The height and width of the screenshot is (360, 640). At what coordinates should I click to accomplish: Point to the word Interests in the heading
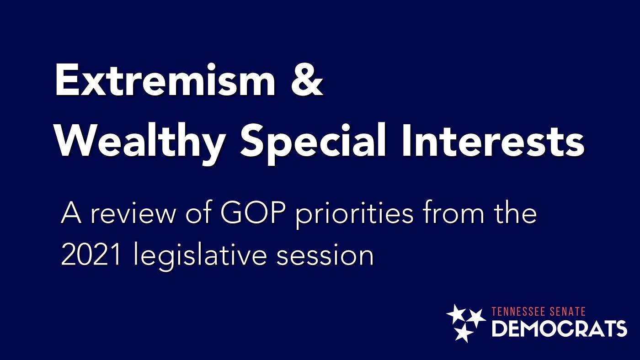(493, 141)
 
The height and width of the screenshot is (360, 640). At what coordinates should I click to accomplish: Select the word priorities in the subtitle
(354, 216)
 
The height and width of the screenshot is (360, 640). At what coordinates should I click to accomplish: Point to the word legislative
(200, 256)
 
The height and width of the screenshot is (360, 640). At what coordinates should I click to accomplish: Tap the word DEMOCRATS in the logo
(559, 328)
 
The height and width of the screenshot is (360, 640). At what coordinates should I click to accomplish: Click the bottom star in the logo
(463, 333)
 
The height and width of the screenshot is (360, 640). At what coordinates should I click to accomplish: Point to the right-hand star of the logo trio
(476, 318)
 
